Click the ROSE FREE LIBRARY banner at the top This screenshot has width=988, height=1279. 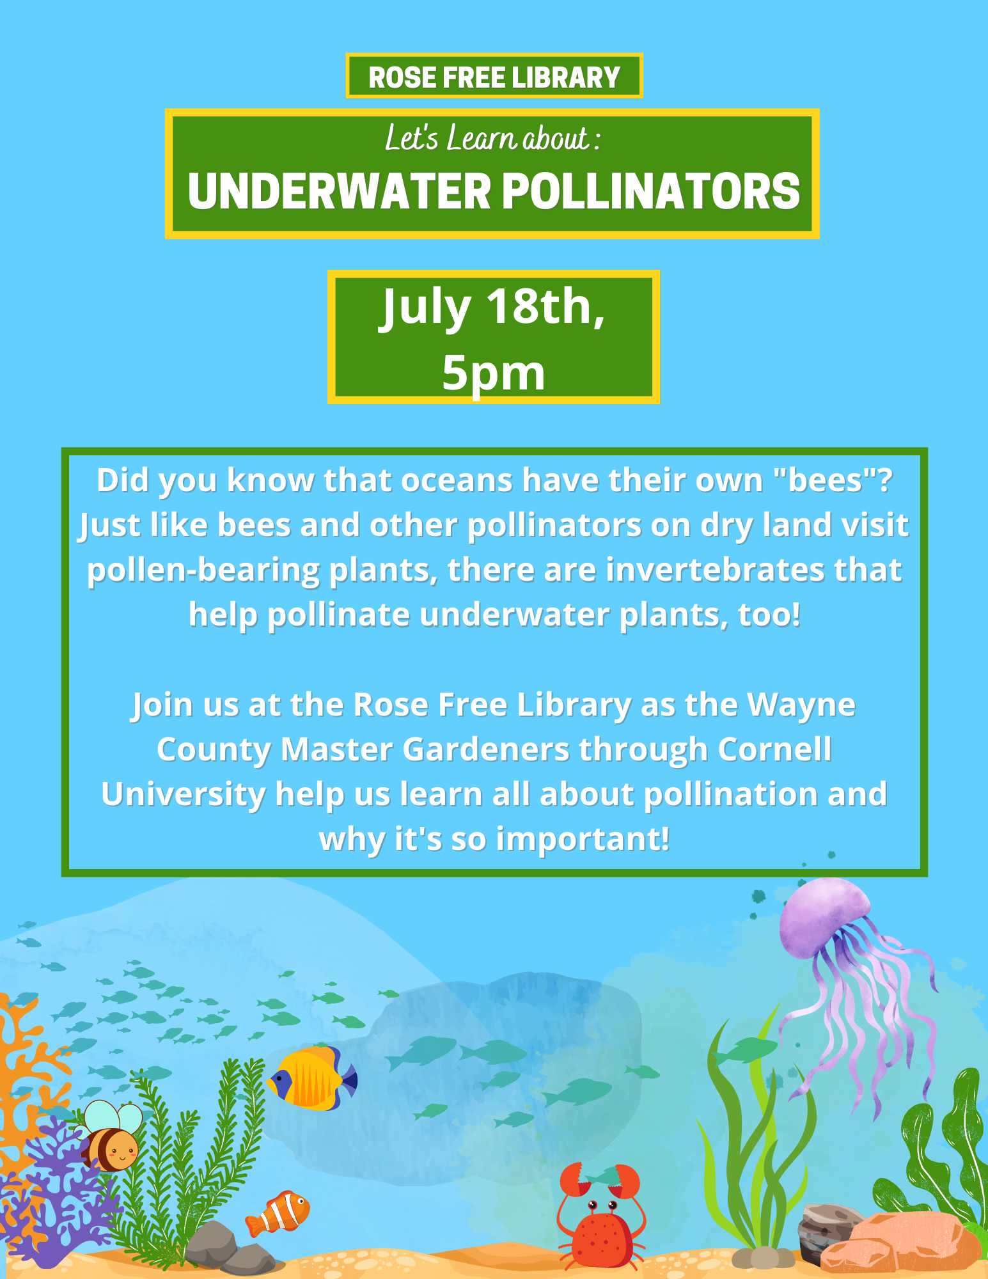pos(494,76)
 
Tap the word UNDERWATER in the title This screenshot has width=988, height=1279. pos(340,191)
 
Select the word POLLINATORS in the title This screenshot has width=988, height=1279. pos(651,191)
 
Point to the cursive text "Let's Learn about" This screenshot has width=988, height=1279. pos(487,138)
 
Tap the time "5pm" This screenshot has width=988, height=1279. pos(494,373)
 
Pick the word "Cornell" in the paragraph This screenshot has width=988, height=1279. pos(774,749)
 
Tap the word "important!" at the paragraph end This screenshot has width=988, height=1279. pos(583,840)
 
